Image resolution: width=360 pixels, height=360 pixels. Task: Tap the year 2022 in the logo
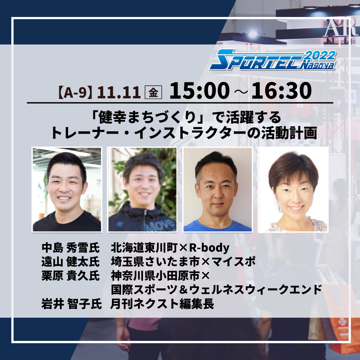[x=321, y=55]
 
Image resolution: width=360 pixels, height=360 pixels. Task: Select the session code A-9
[x=75, y=92]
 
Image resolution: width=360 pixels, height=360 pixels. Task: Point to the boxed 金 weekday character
[x=153, y=92]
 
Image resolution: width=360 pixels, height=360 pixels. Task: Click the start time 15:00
[x=200, y=91]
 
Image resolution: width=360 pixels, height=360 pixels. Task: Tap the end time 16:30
[x=281, y=91]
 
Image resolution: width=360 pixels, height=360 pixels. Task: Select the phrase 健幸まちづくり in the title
[x=147, y=117]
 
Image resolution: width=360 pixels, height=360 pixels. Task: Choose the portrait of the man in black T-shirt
[x=67, y=189]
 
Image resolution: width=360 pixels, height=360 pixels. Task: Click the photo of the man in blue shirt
[x=217, y=189]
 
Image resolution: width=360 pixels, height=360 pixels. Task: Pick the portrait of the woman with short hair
[x=293, y=189]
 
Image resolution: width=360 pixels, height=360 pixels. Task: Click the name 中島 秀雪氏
[x=70, y=248]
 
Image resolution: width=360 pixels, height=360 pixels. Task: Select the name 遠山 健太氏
[x=70, y=262]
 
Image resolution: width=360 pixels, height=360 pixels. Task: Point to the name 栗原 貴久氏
[x=70, y=276]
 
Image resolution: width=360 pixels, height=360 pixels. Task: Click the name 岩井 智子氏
[x=71, y=304]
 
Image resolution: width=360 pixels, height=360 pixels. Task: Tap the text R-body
[x=209, y=248]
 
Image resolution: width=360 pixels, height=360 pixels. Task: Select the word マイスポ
[x=233, y=262]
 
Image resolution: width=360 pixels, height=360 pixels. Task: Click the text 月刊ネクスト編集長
[x=162, y=304]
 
